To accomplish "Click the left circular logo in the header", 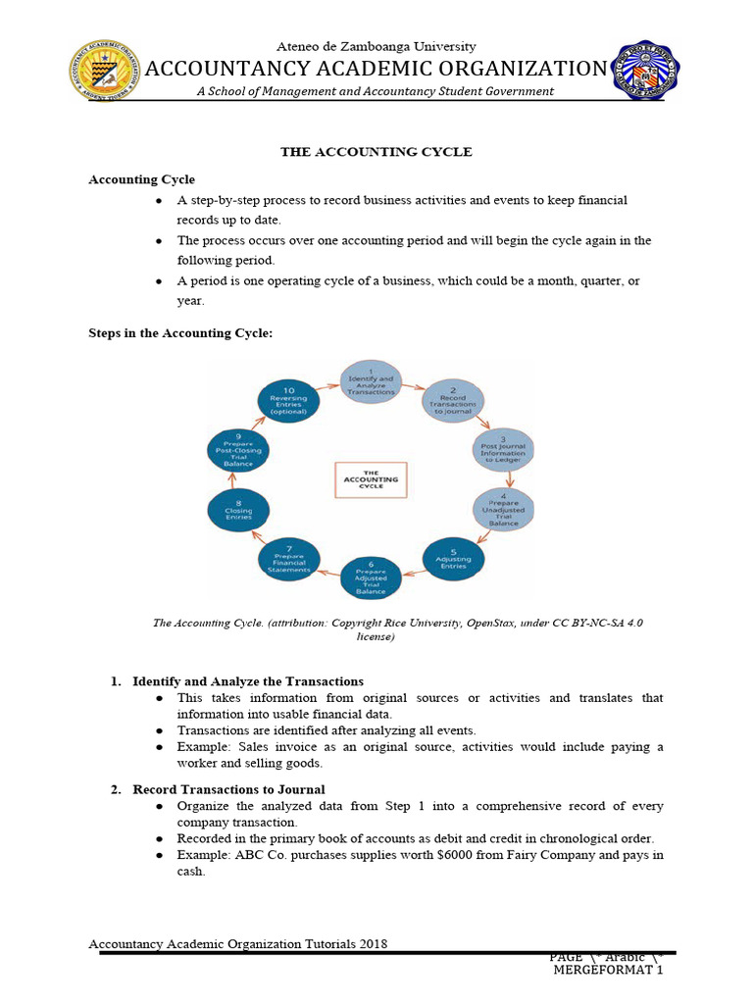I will [104, 70].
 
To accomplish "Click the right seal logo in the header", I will [646, 70].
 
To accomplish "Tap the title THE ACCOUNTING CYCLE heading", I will [376, 152].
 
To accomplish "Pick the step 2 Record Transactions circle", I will [452, 402].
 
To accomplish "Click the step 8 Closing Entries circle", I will [238, 512].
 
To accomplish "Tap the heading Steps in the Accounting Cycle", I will [180, 333].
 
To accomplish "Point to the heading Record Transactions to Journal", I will [229, 789].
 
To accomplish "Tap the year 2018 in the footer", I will [372, 944].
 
